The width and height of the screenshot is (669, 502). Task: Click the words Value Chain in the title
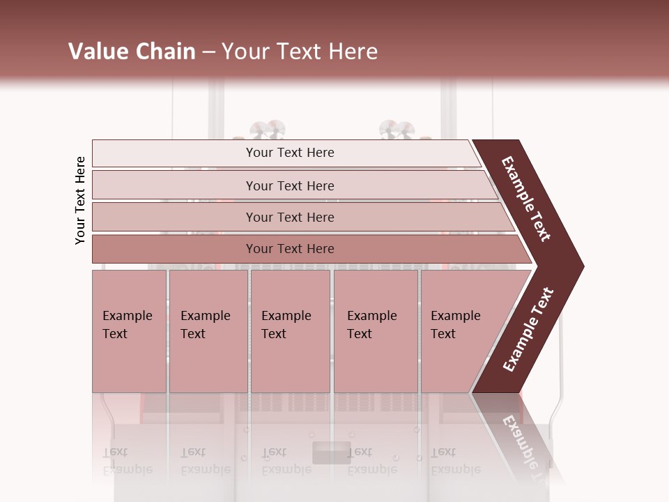(132, 52)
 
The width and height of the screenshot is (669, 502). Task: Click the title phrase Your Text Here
(300, 52)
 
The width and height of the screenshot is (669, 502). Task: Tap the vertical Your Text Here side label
(80, 200)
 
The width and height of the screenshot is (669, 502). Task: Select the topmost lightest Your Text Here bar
(290, 153)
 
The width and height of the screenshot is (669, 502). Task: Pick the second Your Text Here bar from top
(290, 185)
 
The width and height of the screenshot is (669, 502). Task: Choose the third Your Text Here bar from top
(290, 217)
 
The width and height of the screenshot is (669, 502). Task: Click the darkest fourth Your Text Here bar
(290, 249)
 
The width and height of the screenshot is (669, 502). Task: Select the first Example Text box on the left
(129, 330)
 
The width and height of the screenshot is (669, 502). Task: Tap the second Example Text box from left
(208, 330)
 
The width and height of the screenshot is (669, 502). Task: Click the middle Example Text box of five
(290, 330)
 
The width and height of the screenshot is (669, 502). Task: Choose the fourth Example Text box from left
(375, 330)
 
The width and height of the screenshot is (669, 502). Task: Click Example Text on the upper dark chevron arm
(527, 199)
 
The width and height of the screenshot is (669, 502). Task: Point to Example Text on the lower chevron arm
(528, 329)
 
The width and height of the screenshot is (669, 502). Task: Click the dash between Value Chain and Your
(208, 52)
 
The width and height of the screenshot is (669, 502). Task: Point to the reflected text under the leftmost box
(128, 461)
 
